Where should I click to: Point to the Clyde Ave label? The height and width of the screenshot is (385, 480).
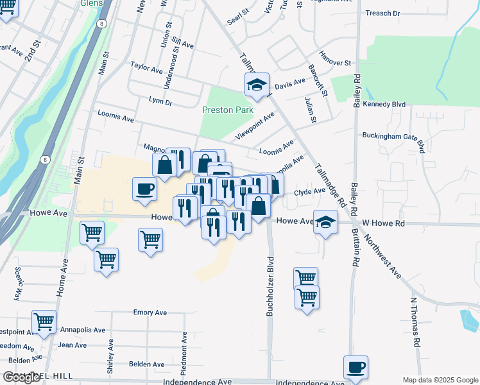pyautogui.click(x=310, y=191)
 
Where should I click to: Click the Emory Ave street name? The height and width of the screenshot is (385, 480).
pyautogui.click(x=150, y=312)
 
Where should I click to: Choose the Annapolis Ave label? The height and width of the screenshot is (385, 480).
pyautogui.click(x=83, y=330)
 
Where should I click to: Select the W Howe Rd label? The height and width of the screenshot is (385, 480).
pyautogui.click(x=384, y=223)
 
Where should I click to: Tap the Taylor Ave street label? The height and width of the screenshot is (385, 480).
pyautogui.click(x=146, y=67)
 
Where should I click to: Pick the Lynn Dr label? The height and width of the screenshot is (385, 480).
pyautogui.click(x=160, y=101)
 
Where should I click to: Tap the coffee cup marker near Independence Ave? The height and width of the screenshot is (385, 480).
pyautogui.click(x=356, y=368)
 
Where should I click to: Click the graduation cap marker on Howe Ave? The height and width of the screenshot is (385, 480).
pyautogui.click(x=326, y=221)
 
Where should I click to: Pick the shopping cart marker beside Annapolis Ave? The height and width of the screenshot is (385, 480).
pyautogui.click(x=44, y=322)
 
